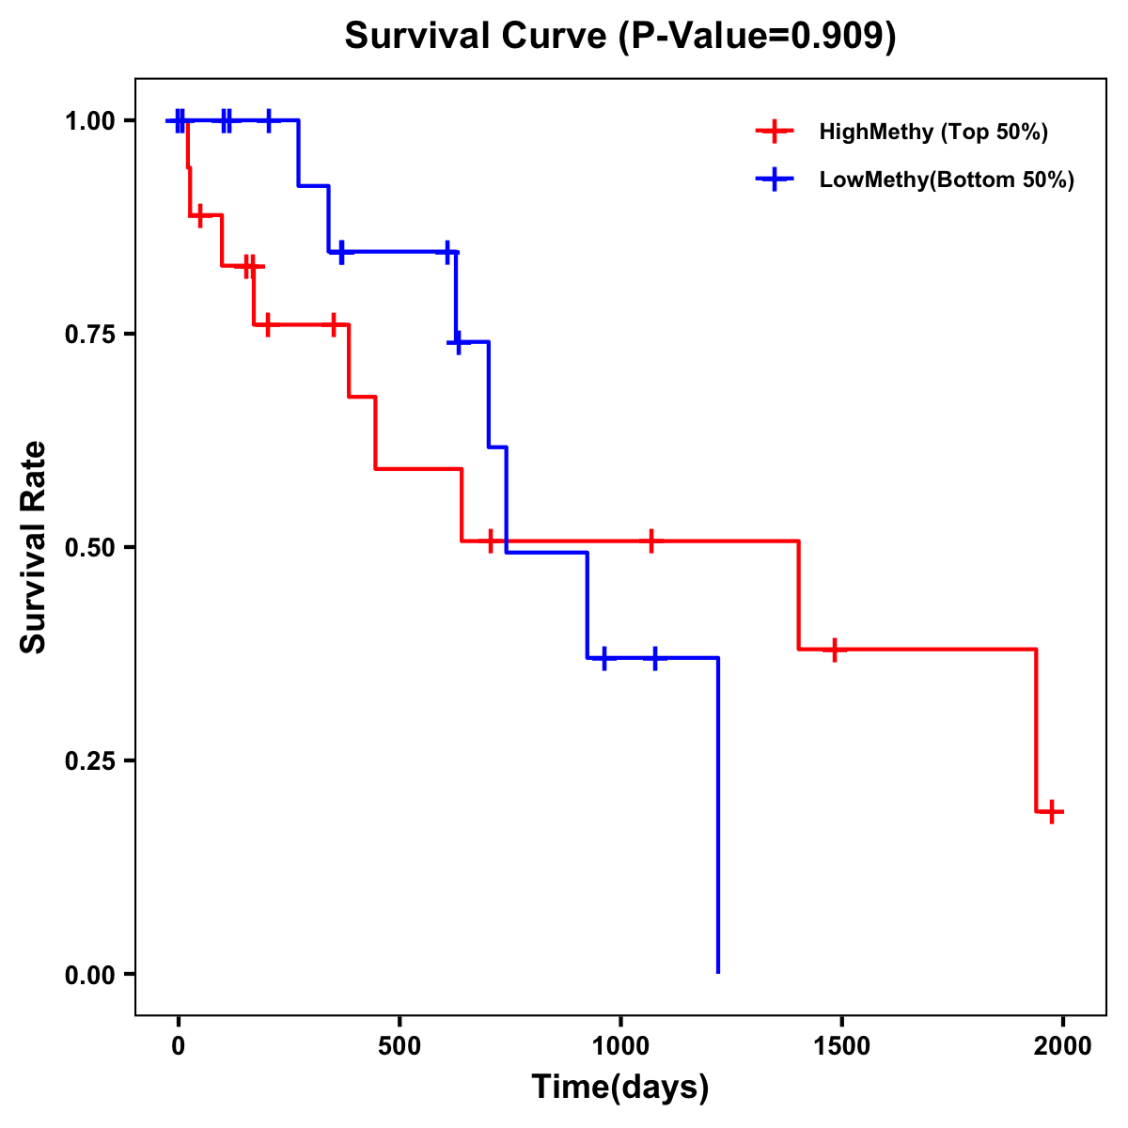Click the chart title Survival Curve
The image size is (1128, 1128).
620,36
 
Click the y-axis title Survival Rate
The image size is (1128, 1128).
34,546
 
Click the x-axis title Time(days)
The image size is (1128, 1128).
620,1087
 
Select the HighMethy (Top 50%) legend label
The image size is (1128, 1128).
933,132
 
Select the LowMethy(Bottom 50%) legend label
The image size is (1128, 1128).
947,180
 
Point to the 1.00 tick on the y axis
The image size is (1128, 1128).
89,121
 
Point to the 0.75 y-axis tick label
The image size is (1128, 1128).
89,335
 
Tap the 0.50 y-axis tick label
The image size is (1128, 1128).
89,547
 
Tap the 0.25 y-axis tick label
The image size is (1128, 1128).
89,760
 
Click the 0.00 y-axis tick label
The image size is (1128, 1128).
89,974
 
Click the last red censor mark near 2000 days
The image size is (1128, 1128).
1052,811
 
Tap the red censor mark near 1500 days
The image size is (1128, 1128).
834,650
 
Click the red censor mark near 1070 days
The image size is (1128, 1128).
650,541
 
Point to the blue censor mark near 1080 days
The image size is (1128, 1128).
655,658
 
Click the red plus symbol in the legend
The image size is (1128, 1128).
775,132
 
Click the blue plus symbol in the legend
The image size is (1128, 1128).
775,180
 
